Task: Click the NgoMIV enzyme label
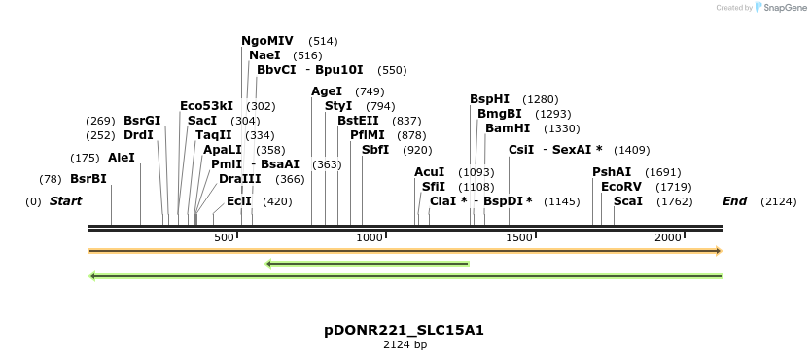[x=266, y=41]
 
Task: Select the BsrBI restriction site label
[x=88, y=179]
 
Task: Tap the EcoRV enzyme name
[x=620, y=186]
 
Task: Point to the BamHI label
[x=507, y=127]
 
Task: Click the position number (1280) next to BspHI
[x=540, y=99]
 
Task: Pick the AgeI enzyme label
[x=327, y=91]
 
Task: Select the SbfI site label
[x=374, y=150]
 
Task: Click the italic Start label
[x=65, y=201]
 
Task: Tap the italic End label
[x=734, y=201]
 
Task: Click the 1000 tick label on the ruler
[x=370, y=238]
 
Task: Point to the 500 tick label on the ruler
[x=224, y=238]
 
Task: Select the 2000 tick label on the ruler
[x=667, y=238]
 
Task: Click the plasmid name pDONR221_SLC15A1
[x=404, y=330]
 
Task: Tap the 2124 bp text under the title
[x=404, y=344]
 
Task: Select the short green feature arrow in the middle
[x=367, y=263]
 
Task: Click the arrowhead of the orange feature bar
[x=719, y=251]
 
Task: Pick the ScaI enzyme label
[x=627, y=201]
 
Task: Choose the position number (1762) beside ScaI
[x=674, y=201]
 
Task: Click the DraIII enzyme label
[x=239, y=179]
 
